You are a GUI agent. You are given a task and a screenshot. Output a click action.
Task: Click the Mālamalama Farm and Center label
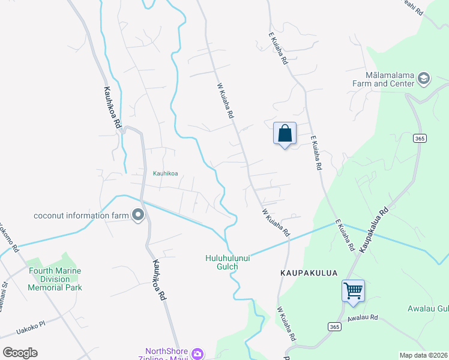pos(390,79)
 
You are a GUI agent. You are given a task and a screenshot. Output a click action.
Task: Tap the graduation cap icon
pos(424,78)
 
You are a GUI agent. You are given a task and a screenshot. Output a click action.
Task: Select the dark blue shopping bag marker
pos(285,134)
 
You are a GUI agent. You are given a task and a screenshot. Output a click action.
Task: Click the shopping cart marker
pos(353,290)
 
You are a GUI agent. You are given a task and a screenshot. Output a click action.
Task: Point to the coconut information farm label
pos(82,216)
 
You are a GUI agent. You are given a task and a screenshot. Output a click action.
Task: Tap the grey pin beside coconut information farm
pos(139,215)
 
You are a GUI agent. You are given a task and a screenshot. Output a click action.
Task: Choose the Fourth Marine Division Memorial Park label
pos(55,279)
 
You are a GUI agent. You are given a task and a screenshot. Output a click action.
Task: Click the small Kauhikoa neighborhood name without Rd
pos(165,173)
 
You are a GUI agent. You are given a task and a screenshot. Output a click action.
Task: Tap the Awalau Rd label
pos(361,317)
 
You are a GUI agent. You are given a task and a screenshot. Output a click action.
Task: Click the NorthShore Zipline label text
pos(167,355)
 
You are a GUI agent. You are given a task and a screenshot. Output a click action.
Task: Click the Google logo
pos(20,353)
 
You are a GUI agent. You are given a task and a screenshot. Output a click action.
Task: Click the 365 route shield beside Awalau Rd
pos(335,326)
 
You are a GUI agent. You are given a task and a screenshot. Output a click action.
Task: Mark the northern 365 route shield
pos(420,138)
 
